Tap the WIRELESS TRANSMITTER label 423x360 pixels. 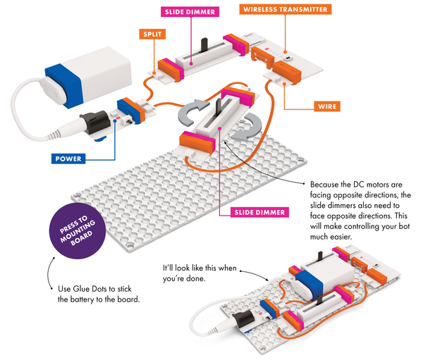click(286, 10)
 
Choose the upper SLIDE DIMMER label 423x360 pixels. click(190, 11)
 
